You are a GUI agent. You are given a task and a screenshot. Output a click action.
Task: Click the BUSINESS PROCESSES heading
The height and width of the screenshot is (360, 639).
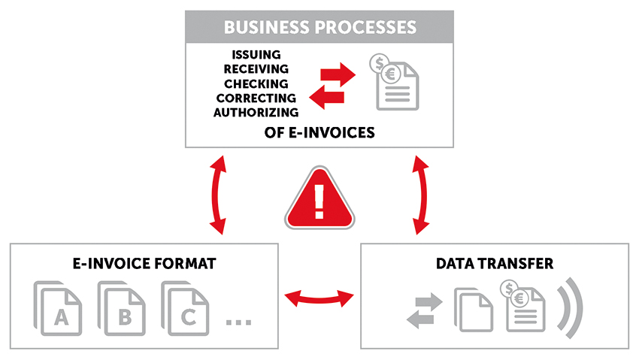coord(319,28)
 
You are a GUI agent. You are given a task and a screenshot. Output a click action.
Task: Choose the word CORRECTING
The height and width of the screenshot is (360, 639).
coord(256,98)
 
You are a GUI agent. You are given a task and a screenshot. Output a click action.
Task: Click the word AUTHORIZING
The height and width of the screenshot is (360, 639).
coord(256,112)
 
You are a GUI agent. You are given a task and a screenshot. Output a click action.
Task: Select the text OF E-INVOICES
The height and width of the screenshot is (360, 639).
coord(320,132)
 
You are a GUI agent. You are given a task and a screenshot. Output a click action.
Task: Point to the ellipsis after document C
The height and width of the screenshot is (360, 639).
coord(238,322)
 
